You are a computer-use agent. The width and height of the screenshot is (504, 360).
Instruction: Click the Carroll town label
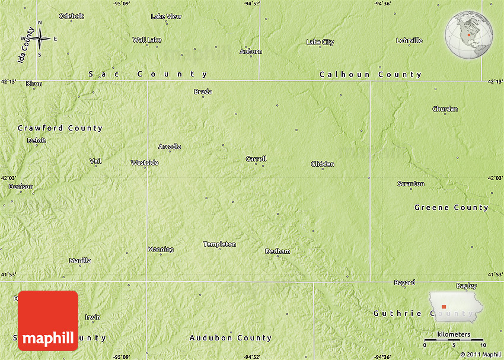[256, 159]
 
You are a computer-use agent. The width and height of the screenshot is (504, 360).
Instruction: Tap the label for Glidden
[323, 164]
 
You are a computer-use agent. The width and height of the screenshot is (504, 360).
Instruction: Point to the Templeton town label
[219, 244]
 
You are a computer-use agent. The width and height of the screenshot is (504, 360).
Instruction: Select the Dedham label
[277, 251]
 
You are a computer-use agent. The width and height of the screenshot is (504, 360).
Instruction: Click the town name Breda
[203, 92]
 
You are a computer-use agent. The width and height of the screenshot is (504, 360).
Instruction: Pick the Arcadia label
[170, 146]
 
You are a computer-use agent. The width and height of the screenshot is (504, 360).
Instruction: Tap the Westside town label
[145, 163]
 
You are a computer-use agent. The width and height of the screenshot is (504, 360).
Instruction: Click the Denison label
[21, 187]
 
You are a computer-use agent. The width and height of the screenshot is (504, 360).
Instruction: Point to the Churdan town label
[445, 109]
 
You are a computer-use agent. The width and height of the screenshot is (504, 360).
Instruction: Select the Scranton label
[411, 184]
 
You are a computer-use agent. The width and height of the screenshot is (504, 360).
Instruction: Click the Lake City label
[320, 42]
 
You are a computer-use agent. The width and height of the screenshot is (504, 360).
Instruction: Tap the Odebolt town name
[71, 16]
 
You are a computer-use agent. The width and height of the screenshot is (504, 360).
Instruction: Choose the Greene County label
[451, 208]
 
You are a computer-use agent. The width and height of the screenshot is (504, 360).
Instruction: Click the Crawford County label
[60, 128]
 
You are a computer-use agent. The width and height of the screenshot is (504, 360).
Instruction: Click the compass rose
[40, 39]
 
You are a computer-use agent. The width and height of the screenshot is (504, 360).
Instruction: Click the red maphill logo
[48, 321]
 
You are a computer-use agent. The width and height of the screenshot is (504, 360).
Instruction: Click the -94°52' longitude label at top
[251, 4]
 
